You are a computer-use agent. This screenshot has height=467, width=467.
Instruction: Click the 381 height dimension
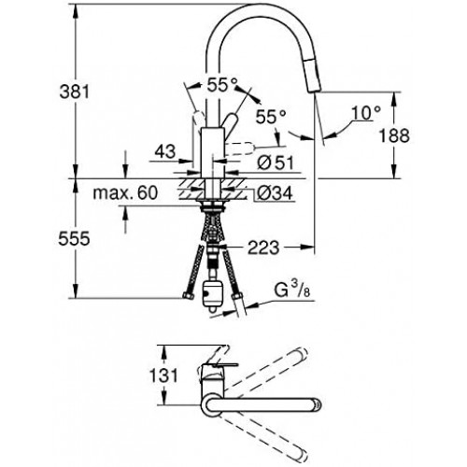click(x=75, y=92)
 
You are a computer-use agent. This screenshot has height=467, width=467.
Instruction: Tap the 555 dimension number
click(x=74, y=239)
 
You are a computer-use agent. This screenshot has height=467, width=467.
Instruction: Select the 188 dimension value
click(x=394, y=135)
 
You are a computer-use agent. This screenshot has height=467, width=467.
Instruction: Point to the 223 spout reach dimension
click(x=263, y=248)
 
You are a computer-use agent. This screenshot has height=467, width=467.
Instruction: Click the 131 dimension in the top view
click(x=163, y=375)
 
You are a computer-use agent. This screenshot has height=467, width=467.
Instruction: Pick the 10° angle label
click(x=366, y=113)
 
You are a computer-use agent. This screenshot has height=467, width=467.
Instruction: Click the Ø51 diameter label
click(x=276, y=163)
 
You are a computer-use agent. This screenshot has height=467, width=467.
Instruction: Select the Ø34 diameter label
click(x=276, y=193)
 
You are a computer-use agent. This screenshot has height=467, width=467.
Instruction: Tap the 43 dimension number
click(x=165, y=151)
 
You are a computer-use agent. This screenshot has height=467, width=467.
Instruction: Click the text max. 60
click(x=125, y=193)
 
